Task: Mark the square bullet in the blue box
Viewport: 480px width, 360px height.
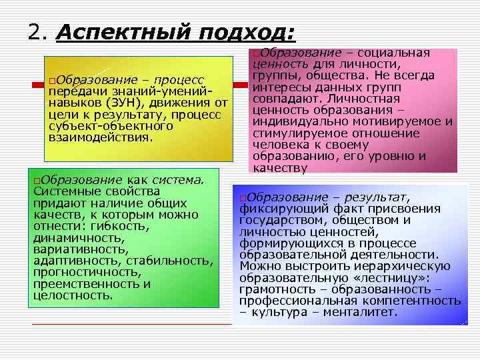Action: tap(242, 198)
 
